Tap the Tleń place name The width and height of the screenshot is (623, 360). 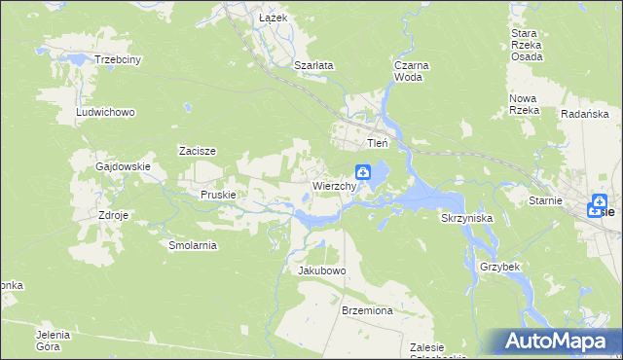(x=377, y=143)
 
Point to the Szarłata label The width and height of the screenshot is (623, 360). (x=314, y=65)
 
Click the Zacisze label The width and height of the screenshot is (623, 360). (x=197, y=151)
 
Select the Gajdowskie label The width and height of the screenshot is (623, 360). (x=123, y=166)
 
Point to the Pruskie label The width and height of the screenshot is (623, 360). (x=219, y=195)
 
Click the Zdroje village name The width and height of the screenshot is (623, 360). (x=114, y=214)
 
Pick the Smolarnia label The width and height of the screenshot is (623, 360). (x=193, y=245)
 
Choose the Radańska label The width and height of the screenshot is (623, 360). (x=585, y=114)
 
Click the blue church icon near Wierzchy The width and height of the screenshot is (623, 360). (x=362, y=173)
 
